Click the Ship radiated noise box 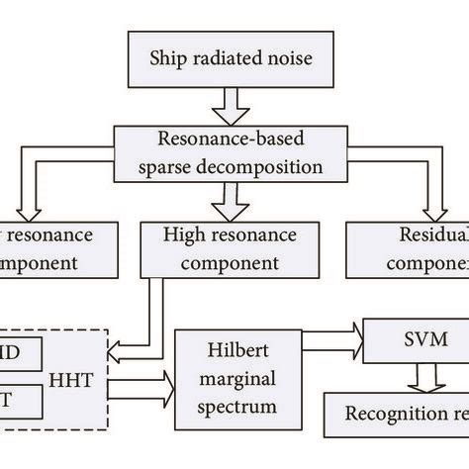point(230,58)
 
